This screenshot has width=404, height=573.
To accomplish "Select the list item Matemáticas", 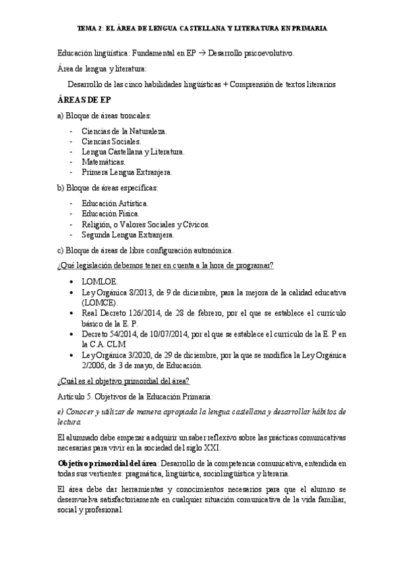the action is [x=103, y=162].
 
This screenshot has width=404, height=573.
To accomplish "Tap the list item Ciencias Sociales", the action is [x=111, y=141].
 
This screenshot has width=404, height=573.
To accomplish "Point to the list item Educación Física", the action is [x=111, y=214].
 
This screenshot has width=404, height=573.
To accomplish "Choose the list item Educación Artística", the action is [x=115, y=203].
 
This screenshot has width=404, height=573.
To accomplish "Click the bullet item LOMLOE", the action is [x=99, y=281].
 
